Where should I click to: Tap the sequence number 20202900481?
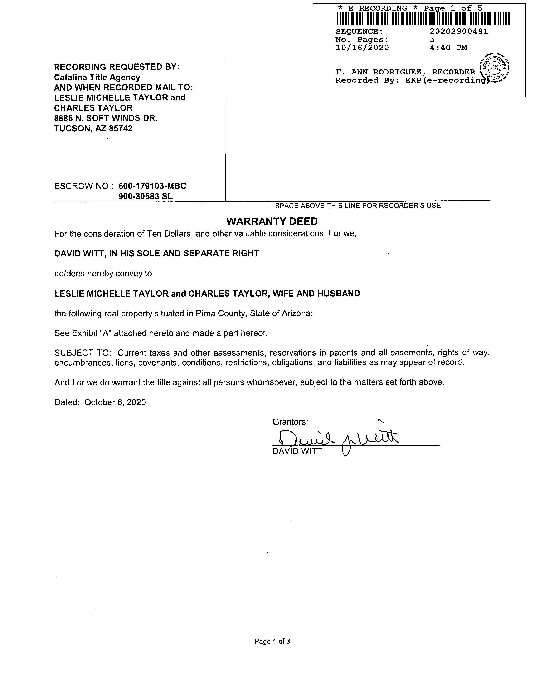coord(458,31)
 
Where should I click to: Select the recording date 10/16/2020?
coord(362,48)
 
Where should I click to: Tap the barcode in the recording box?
coord(424,19)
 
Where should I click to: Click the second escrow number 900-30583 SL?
coord(146,197)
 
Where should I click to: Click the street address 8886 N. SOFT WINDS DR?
coord(106,118)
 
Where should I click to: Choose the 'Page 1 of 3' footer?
coord(272,641)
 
